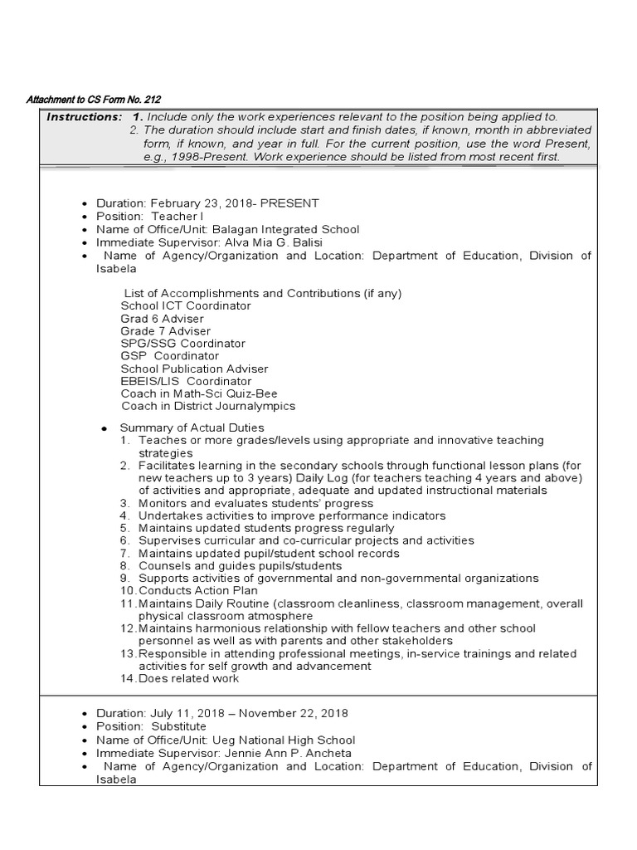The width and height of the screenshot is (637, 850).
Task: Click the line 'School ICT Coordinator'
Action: (x=186, y=306)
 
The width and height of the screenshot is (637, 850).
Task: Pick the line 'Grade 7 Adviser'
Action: (x=165, y=331)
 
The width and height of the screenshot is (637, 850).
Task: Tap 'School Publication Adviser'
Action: (x=194, y=369)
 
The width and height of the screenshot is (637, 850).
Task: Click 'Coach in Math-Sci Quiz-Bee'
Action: (x=199, y=393)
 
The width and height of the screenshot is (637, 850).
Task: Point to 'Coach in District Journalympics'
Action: (x=208, y=407)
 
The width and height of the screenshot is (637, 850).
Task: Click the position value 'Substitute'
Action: (x=178, y=726)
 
